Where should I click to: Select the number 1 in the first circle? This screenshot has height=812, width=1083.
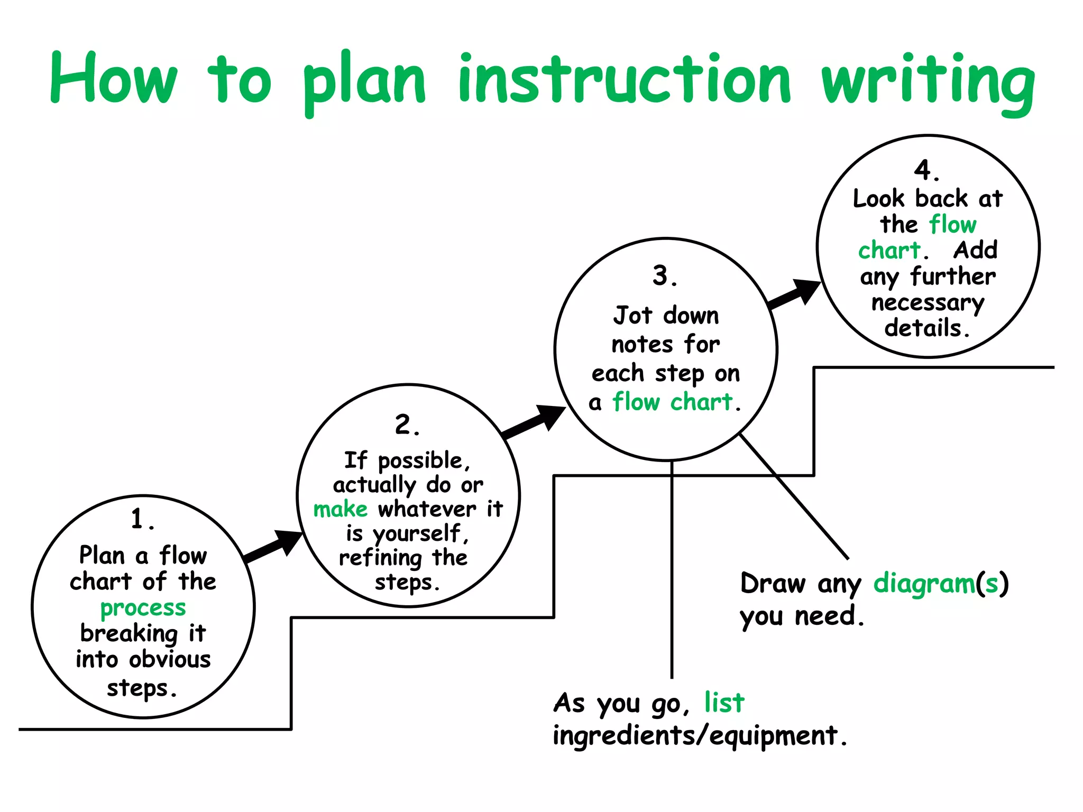[x=139, y=519]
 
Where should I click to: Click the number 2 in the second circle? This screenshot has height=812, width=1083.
[x=404, y=425]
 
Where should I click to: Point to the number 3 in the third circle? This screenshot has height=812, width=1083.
[x=661, y=275]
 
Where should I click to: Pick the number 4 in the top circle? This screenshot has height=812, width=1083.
[x=923, y=170]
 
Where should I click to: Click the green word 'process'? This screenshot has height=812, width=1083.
[x=143, y=608]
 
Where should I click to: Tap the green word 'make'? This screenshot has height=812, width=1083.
[x=340, y=509]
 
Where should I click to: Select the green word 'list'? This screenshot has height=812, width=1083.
[x=724, y=703]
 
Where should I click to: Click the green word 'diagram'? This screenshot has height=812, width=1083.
[x=923, y=584]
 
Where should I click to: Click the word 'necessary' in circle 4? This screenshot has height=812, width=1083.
[x=928, y=303]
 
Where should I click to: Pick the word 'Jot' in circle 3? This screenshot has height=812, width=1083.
[x=632, y=316]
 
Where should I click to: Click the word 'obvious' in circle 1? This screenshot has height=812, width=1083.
[x=170, y=660]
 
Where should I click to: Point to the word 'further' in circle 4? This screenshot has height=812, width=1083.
[x=952, y=276]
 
